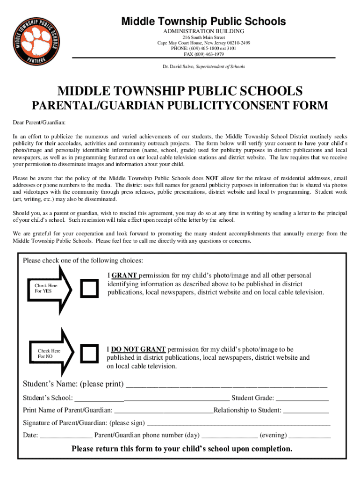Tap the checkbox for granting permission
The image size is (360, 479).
coord(89,288)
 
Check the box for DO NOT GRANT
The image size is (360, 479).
coord(89,353)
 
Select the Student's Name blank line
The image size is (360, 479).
coord(227,385)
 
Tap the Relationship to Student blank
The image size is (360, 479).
coord(306,411)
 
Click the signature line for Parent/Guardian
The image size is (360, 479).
coord(238,423)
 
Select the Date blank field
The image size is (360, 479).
coord(66,436)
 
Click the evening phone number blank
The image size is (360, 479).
coord(310,436)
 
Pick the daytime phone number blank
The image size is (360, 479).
coord(230,436)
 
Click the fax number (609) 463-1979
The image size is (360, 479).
coord(203,54)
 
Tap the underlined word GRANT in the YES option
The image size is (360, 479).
coord(125,276)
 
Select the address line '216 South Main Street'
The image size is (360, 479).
coord(203,37)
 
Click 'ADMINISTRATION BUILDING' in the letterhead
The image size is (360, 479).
coord(203,31)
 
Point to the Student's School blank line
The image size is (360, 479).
coord(152,399)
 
